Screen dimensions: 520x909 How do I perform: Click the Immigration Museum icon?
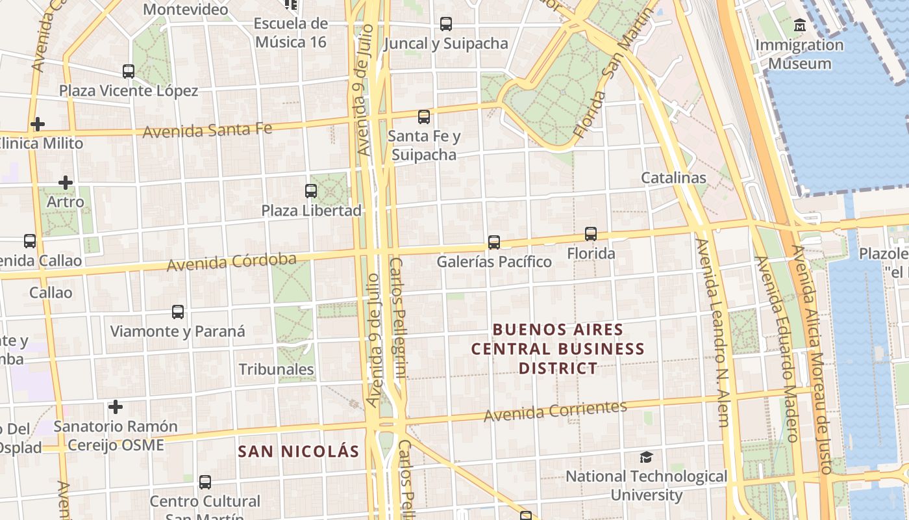800,26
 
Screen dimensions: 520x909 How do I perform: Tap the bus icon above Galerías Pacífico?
494,242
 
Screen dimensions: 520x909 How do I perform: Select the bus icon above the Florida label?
591,234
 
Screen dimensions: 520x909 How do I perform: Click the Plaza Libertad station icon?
311,191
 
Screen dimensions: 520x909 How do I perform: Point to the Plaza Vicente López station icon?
129,71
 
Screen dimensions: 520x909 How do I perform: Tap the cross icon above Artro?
66,183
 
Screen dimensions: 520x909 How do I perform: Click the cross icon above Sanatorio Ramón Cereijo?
116,408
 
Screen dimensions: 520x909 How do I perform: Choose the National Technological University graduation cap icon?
646,457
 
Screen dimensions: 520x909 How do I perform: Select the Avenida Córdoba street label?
232,263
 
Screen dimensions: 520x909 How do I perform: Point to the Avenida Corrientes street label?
555,411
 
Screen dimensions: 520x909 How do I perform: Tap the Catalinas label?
673,177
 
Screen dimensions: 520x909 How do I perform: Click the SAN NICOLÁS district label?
299,451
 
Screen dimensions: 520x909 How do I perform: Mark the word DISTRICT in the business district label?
558,369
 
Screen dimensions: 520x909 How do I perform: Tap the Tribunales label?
276,369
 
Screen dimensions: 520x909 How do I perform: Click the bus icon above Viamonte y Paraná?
178,312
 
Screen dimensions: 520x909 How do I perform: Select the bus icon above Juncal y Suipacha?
446,24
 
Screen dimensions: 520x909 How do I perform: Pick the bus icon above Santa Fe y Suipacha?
424,117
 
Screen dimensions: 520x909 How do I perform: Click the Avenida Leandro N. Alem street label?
713,331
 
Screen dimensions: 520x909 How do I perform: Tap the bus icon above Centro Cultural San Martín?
205,482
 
